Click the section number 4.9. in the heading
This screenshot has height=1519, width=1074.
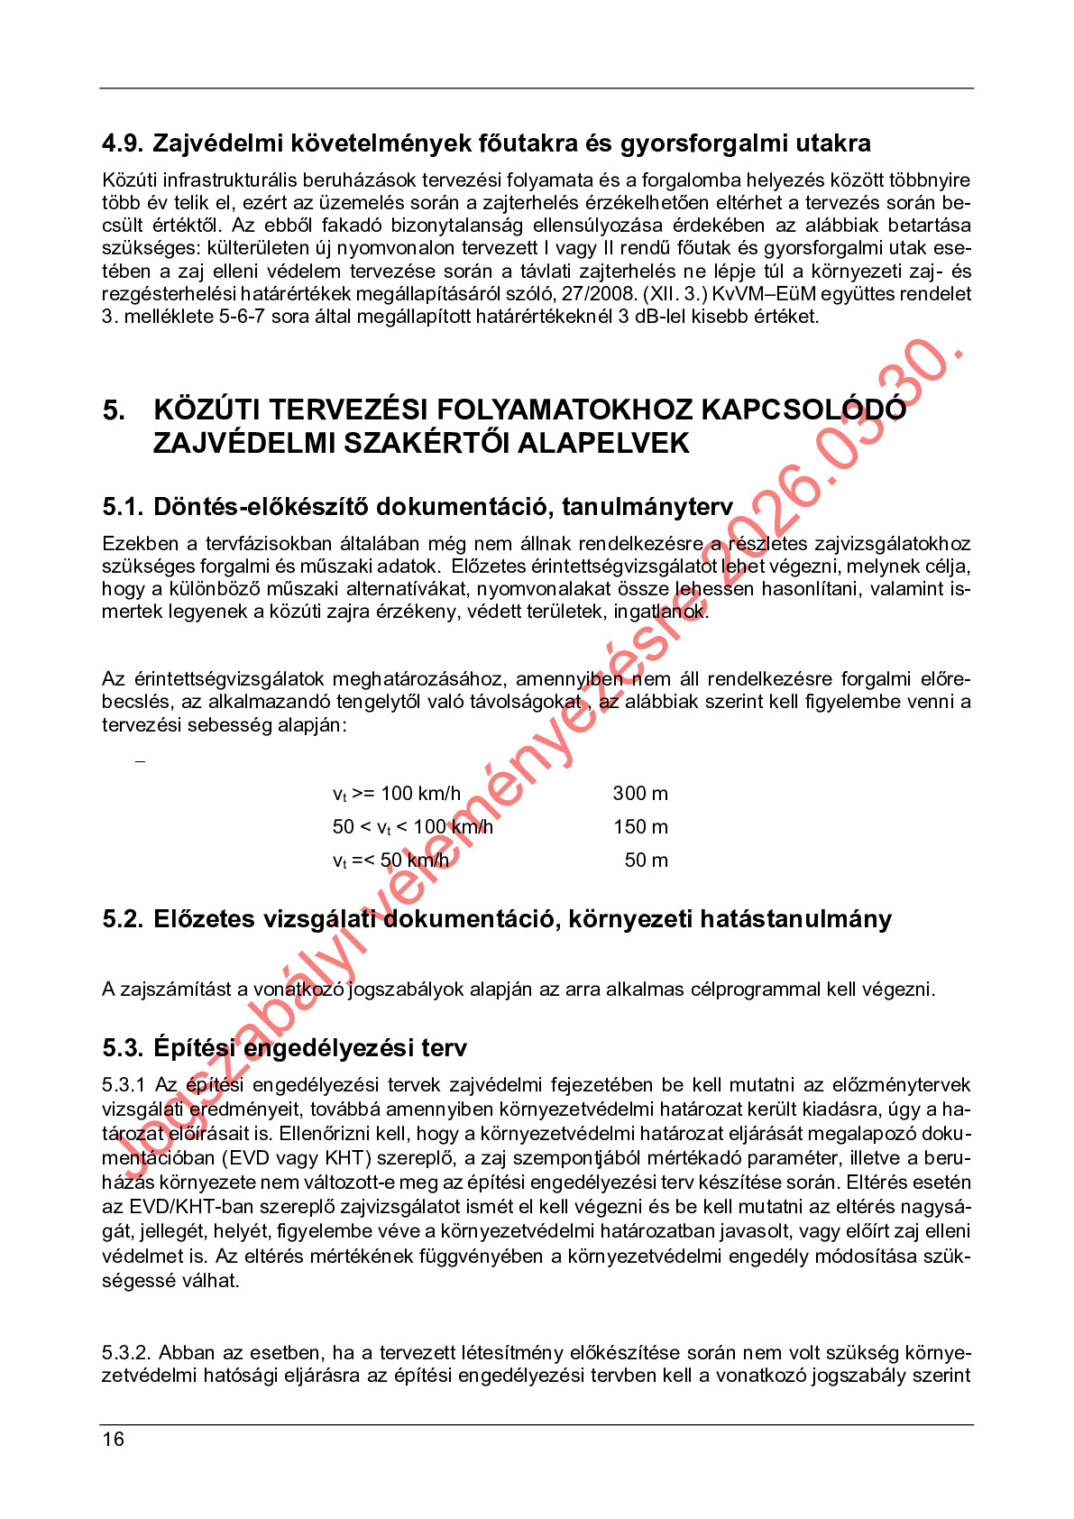(x=123, y=143)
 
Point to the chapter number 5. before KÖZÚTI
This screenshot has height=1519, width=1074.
(x=114, y=410)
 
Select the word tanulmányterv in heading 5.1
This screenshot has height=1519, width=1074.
(x=647, y=507)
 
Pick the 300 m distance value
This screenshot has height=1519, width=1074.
(x=640, y=794)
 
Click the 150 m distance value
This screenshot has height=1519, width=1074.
(x=640, y=827)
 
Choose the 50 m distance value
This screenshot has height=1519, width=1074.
(x=646, y=861)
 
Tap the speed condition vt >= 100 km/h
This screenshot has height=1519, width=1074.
(x=397, y=794)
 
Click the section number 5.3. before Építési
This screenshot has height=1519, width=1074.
(x=123, y=1048)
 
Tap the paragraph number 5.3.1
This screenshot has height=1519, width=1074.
(x=124, y=1085)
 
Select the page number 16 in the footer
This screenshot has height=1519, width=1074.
(x=113, y=1440)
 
